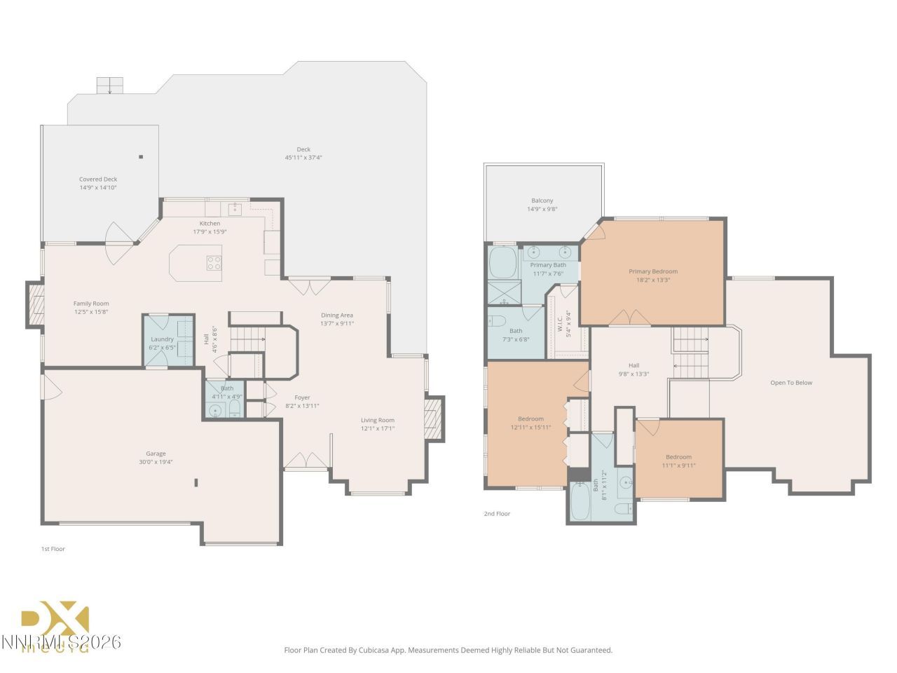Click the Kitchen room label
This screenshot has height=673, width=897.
210,224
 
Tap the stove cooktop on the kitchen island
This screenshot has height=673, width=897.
214,263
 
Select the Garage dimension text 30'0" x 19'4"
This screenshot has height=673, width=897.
156,462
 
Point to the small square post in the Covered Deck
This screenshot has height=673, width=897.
141,157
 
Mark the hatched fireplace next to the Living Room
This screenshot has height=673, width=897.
434,419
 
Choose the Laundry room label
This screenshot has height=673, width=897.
162,339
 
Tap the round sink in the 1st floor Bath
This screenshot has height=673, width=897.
216,411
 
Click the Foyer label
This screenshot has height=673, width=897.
302,397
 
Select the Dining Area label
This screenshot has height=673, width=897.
337,315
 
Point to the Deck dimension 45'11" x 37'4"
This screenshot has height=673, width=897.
303,158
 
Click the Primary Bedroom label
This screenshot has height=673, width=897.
653,271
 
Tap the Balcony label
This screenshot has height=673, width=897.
542,200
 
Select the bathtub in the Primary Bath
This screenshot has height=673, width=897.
502,263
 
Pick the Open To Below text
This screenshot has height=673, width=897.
791,383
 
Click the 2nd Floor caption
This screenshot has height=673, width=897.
497,514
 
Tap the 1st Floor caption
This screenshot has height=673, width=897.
53,549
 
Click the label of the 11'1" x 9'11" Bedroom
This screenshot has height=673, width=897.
678,457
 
